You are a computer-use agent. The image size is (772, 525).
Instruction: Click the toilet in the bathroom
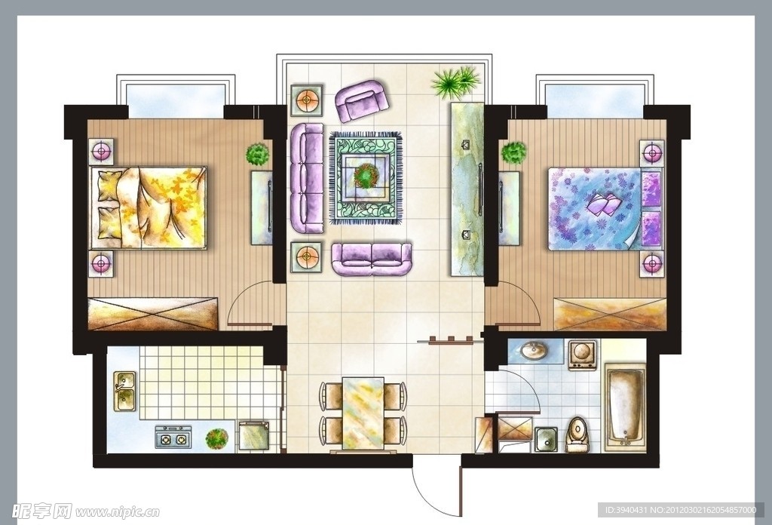click(577, 434)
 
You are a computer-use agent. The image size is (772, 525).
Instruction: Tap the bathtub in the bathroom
click(625, 406)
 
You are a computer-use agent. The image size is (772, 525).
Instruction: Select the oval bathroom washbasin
click(535, 350)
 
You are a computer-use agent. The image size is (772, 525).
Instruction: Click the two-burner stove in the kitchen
click(174, 437)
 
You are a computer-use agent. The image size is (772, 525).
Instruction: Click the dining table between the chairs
click(363, 413)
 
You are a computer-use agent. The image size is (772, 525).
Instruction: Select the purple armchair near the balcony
click(361, 100)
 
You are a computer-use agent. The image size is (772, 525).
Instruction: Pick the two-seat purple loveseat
click(372, 259)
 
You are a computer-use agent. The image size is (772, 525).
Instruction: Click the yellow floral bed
click(149, 207)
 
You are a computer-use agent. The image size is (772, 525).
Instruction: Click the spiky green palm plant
click(455, 81)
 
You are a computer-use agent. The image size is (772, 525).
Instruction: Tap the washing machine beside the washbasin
click(583, 355)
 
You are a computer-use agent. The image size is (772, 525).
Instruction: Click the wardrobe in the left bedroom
click(152, 314)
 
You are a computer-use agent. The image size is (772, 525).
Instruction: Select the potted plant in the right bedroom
click(514, 152)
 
